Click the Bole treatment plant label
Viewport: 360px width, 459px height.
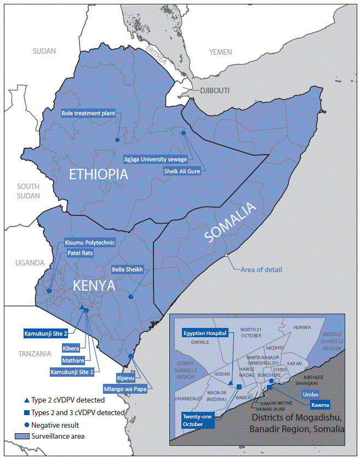(88, 114)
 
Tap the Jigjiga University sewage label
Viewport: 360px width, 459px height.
(156, 160)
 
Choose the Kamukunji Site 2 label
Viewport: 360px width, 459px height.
(46, 333)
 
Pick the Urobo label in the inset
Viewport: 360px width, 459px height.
(309, 394)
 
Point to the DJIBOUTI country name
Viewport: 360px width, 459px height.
(214, 90)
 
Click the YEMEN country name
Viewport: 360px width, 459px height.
(221, 52)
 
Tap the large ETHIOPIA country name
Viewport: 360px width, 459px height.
(98, 175)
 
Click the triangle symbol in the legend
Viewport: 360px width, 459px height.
(19, 400)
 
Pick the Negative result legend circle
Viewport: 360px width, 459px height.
(19, 424)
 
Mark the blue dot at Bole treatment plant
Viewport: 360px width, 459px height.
(117, 140)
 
